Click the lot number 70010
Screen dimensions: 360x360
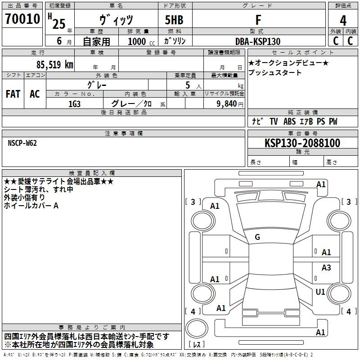click(22, 19)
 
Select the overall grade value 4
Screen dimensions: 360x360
click(343, 20)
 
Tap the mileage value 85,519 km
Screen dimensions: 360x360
click(54, 65)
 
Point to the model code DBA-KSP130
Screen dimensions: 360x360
click(258, 41)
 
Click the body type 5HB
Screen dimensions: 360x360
click(174, 20)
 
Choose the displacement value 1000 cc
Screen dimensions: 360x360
click(141, 41)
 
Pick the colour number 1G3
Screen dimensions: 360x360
click(74, 104)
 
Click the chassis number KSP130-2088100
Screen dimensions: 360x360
click(302, 143)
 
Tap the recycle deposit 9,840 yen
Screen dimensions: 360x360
click(230, 104)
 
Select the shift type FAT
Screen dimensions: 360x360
click(13, 94)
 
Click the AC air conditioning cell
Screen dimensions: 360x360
click(35, 94)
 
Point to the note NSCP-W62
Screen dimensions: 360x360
click(22, 143)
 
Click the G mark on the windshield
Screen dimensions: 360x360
click(257, 237)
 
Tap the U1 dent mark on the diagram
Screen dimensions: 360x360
click(320, 292)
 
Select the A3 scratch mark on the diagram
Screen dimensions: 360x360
click(326, 267)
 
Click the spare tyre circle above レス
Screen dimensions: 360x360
click(197, 328)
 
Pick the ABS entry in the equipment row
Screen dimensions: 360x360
click(289, 121)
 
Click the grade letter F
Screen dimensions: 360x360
click(258, 20)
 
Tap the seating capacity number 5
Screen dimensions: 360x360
click(188, 85)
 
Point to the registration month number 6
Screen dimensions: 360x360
click(59, 41)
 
